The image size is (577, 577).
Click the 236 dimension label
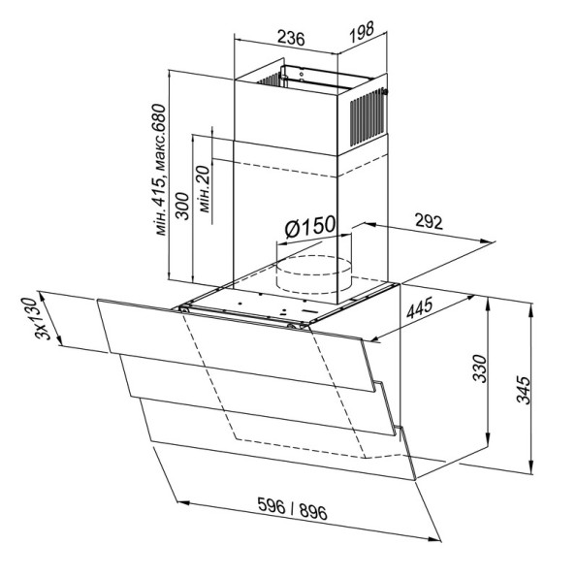coord(291,38)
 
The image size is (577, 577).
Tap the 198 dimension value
coord(362,32)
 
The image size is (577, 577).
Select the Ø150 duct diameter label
coord(310,226)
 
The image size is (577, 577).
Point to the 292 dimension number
coord(429,222)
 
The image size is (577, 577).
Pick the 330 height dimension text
coord(480,369)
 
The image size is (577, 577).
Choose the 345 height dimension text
coord(523,390)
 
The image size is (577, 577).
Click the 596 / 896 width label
coord(292,508)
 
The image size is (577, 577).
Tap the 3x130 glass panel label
coord(36,319)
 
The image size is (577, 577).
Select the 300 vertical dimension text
coord(182,206)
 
